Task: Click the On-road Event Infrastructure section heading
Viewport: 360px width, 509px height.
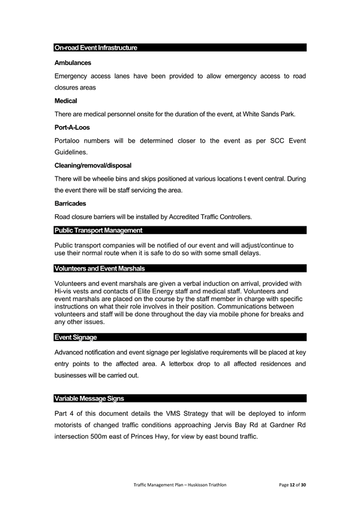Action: pos(96,47)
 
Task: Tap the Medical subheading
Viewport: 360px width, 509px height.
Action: pos(65,101)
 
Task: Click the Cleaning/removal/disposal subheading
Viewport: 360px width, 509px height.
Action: pos(93,165)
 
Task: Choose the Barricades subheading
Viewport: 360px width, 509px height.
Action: pos(70,203)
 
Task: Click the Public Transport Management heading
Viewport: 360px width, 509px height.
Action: pos(98,230)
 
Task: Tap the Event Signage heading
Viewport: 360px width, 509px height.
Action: pos(76,338)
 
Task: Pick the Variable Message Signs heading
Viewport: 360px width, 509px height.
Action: pos(89,399)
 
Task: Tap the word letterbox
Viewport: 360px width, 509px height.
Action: pos(174,364)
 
